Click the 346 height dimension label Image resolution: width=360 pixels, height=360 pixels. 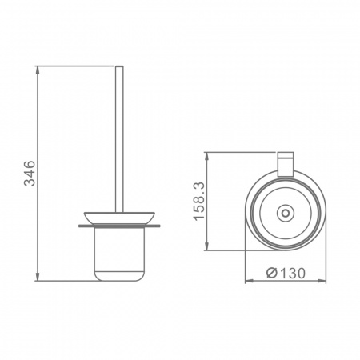[30, 173]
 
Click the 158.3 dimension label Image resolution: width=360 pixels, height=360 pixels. [199, 202]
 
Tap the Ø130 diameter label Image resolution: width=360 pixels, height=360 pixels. [286, 273]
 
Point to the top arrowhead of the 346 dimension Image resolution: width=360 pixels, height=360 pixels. [38, 70]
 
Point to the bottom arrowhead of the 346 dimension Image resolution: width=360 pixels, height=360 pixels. [38, 277]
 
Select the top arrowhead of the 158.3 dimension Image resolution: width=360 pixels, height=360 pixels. [206, 157]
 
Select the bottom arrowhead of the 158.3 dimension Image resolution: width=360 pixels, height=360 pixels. [206, 246]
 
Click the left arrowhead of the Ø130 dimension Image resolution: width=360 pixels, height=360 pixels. [250, 281]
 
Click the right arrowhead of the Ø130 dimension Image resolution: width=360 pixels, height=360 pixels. [322, 281]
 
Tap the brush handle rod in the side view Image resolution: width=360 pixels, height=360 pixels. [119, 139]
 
